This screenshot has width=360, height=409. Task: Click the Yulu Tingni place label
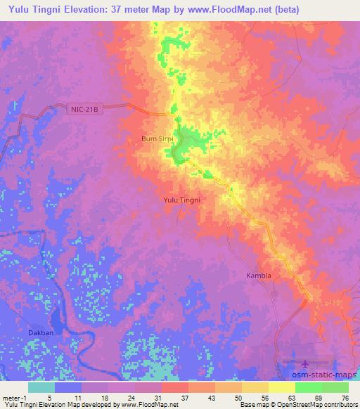pos(182,200)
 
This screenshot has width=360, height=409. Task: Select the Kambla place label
pos(258,275)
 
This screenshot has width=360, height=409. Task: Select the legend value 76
pos(345,398)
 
